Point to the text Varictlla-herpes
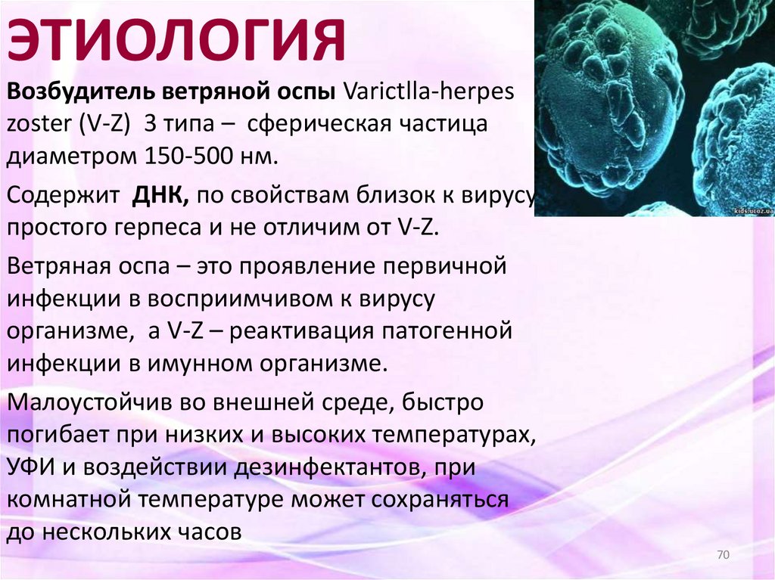click(x=428, y=92)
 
